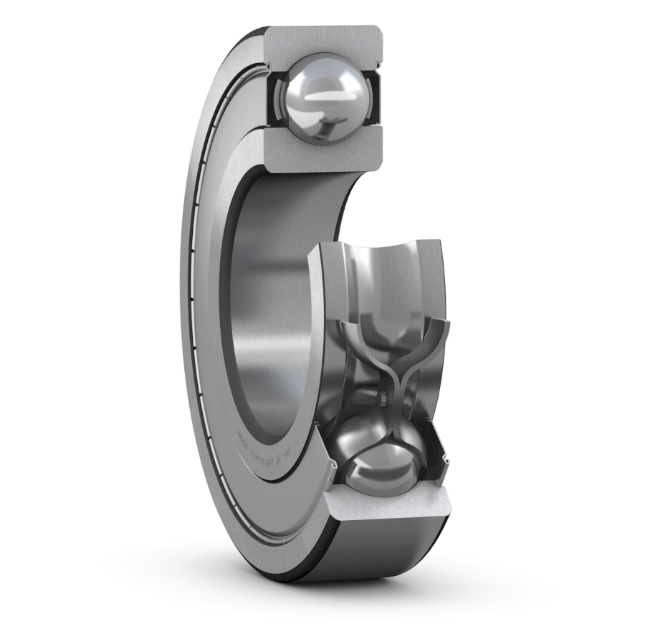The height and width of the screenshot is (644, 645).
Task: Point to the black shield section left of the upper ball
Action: point(273,100)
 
